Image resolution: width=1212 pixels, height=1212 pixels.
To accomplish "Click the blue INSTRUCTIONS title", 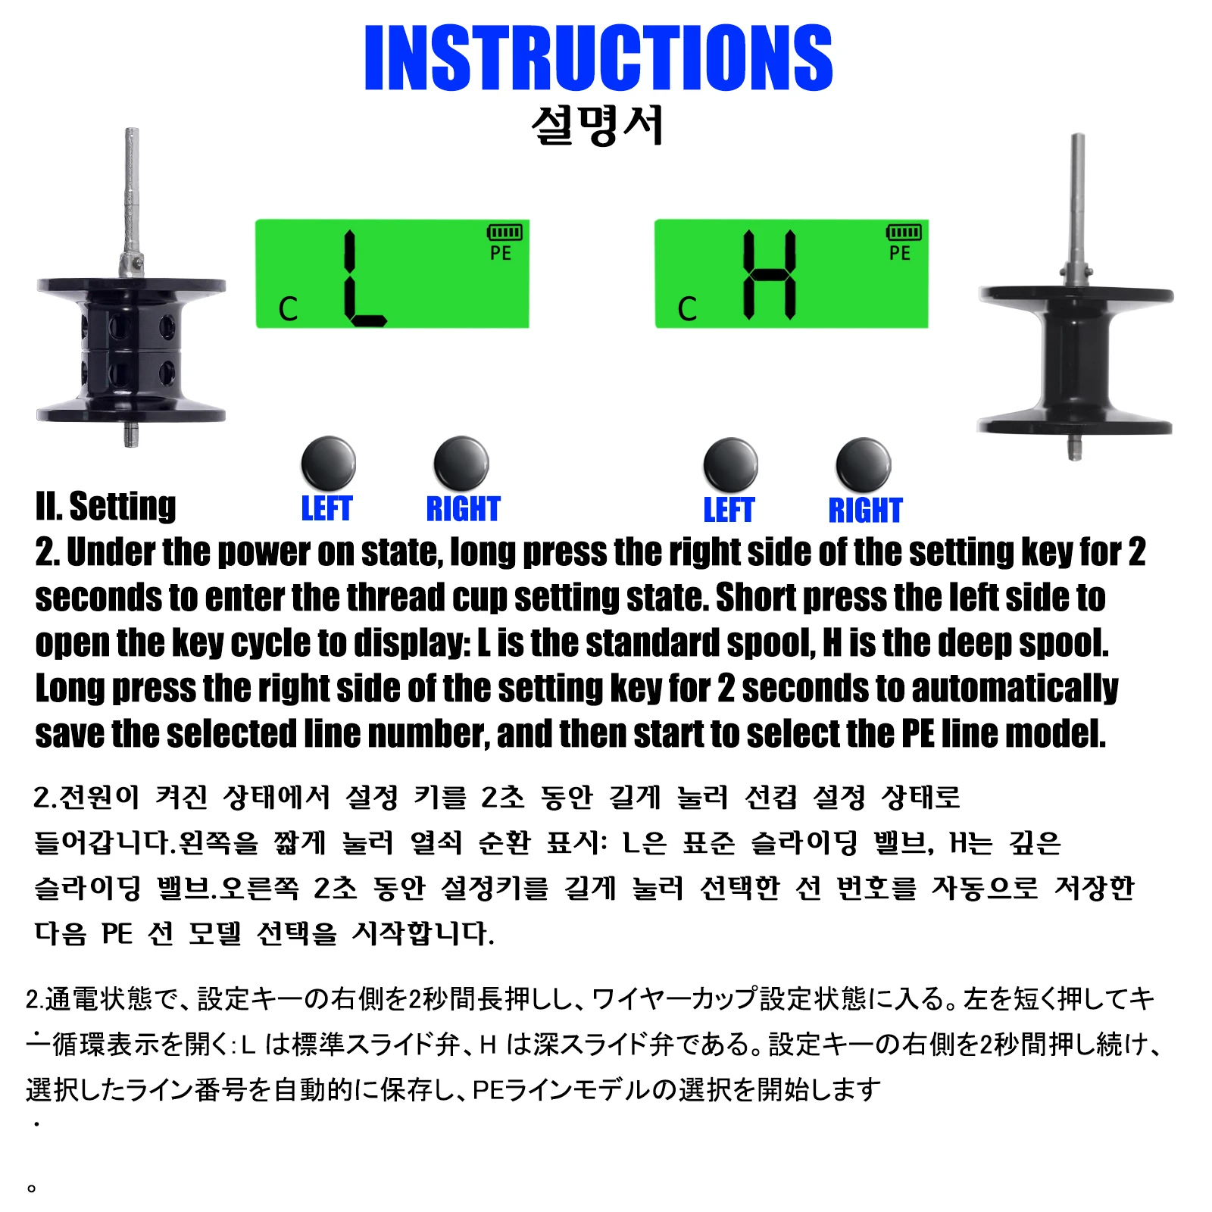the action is pyautogui.click(x=598, y=58).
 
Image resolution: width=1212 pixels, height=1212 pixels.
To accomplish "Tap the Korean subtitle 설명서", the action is pyautogui.click(x=598, y=125).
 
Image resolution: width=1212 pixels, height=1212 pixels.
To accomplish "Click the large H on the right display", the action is pyautogui.click(x=770, y=274).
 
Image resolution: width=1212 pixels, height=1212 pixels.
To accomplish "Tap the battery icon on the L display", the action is pyautogui.click(x=504, y=232).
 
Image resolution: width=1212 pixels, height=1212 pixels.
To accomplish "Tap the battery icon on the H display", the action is pyautogui.click(x=904, y=232).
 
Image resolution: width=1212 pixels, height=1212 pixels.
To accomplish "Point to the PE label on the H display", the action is pyautogui.click(x=900, y=253).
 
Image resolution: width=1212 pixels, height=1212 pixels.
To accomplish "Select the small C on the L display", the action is pyautogui.click(x=288, y=309).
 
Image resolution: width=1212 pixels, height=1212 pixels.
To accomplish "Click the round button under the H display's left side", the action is pyautogui.click(x=730, y=464).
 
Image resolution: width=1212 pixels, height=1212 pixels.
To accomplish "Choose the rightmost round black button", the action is pyautogui.click(x=864, y=464).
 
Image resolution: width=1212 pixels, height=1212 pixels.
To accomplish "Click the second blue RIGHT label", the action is pyautogui.click(x=865, y=510).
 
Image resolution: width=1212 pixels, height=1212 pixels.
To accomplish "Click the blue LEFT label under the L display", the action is pyautogui.click(x=326, y=508).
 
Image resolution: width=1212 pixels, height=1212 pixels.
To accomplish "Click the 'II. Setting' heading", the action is pyautogui.click(x=105, y=506).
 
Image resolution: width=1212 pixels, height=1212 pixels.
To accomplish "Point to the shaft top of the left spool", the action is pyautogui.click(x=132, y=131).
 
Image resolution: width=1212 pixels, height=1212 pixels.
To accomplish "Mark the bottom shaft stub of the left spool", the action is pyautogui.click(x=131, y=435).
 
